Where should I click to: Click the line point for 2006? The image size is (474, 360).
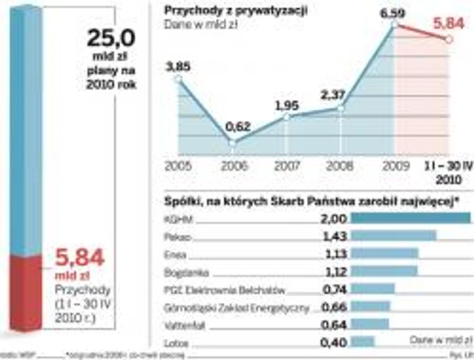point(232,143)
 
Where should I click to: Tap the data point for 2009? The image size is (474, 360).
point(394,24)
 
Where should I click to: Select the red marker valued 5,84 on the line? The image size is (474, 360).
point(449,39)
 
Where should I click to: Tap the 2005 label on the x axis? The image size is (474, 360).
point(178,166)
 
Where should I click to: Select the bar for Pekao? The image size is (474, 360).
point(393,236)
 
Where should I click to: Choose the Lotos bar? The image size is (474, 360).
point(362,342)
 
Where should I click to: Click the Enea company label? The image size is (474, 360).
point(175,254)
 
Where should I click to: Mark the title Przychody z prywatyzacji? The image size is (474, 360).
point(236,11)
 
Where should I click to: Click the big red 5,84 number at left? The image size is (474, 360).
point(79,258)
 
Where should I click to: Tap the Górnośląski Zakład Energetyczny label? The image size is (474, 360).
point(238,307)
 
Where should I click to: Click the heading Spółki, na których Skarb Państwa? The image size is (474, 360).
point(311,202)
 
